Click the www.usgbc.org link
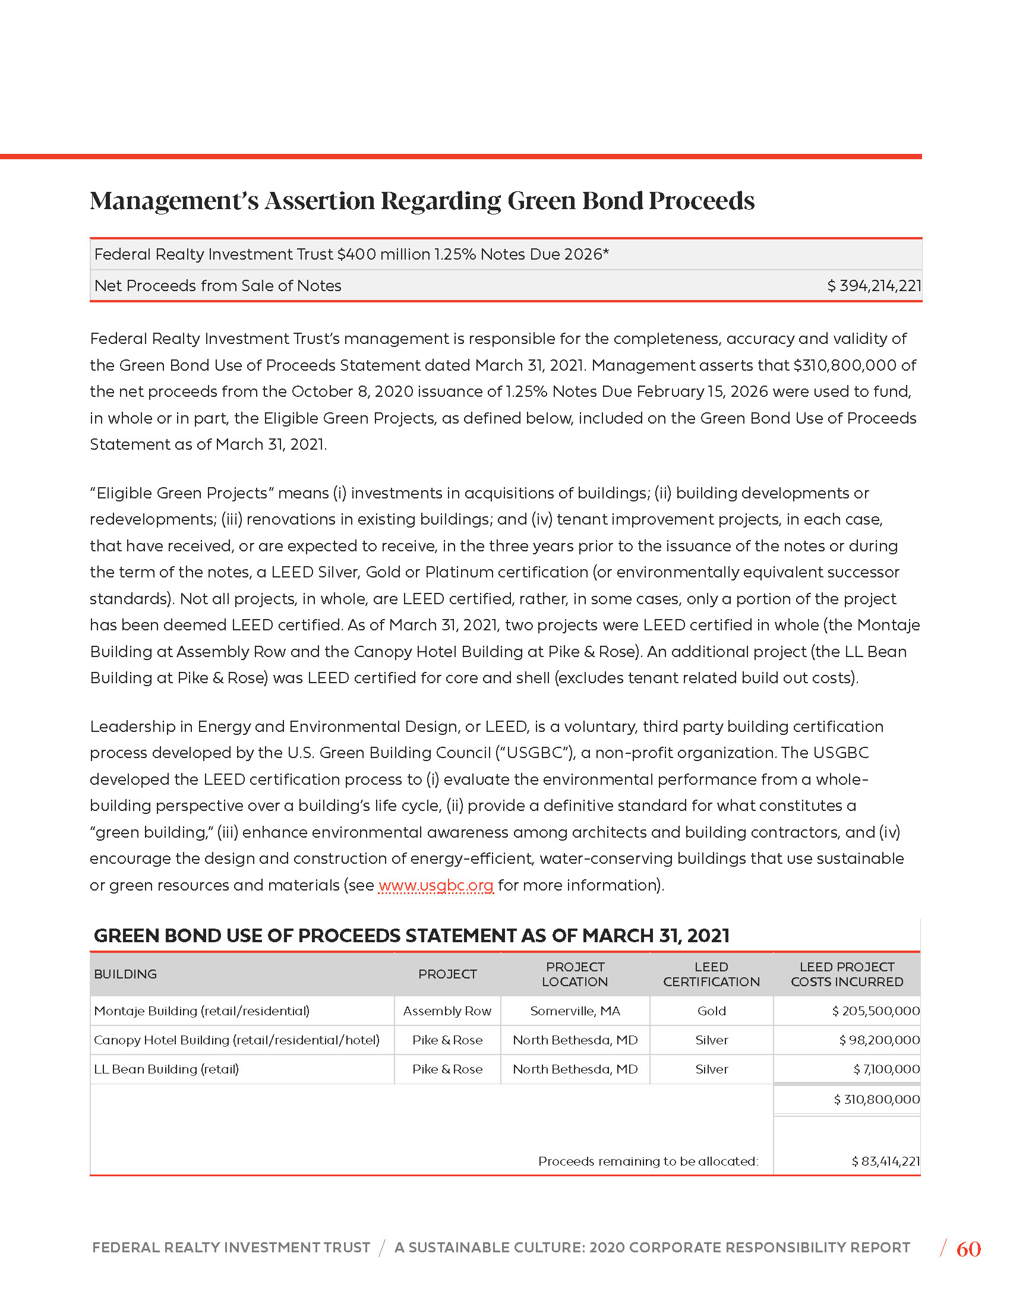pos(435,885)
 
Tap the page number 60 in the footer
pos(968,1249)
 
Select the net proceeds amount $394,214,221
pos(873,286)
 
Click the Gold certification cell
pos(711,1011)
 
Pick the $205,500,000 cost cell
pos(875,1011)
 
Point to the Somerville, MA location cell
pos(575,1011)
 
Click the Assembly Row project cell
pos(447,1011)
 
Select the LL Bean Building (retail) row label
pos(166,1069)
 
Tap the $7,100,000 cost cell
pos(886,1069)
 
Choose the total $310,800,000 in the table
pos(876,1099)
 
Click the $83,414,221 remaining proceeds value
pos(886,1161)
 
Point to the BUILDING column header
pos(125,974)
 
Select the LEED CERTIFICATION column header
pos(711,974)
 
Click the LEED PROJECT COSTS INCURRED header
pos(847,974)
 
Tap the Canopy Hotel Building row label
pos(236,1040)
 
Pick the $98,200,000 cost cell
pos(879,1040)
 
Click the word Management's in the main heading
pos(174,201)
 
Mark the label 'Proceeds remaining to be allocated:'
pos(648,1161)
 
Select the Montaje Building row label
pos(201,1011)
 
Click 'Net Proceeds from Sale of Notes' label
pos(218,286)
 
